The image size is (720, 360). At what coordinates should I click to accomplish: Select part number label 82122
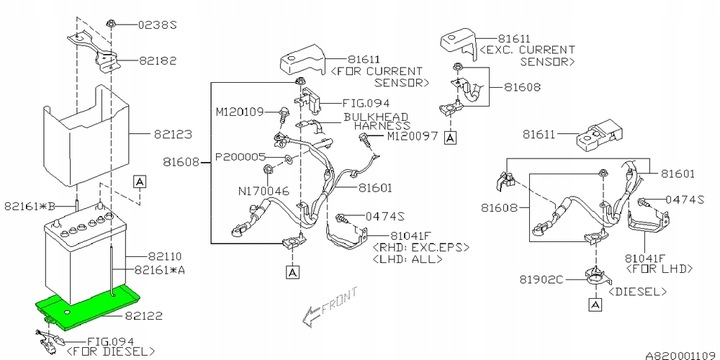143,316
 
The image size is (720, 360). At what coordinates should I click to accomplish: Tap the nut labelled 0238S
110,23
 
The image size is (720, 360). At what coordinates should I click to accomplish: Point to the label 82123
173,135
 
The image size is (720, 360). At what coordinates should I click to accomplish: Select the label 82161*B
30,206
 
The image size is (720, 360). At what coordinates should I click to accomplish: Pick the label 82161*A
160,270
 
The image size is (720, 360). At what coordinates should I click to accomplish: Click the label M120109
240,112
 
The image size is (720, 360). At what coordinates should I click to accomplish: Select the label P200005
240,158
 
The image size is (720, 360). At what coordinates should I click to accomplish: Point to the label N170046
265,191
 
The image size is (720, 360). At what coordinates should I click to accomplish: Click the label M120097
412,136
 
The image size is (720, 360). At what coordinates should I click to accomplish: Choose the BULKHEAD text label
376,117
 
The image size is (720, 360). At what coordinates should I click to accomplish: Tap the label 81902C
541,279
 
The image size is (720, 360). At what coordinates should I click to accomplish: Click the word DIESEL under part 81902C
637,292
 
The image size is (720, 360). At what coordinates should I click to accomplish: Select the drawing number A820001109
681,355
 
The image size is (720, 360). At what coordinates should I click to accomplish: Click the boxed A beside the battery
140,182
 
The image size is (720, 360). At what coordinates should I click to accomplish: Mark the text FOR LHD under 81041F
658,269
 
